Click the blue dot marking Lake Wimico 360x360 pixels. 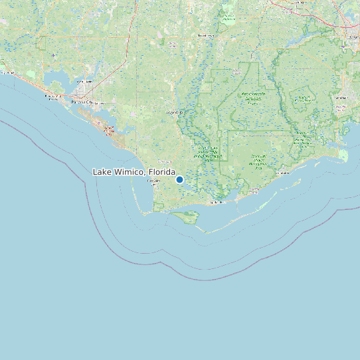pos(179,179)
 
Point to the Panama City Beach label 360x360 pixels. pos(52,98)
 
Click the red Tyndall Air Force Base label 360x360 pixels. pos(110,128)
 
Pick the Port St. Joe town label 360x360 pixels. pos(153,181)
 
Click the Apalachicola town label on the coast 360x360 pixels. pos(217,202)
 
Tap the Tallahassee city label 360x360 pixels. pos(350,38)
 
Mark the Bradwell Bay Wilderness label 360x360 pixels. pos(303,99)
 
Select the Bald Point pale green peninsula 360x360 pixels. pos(343,155)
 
